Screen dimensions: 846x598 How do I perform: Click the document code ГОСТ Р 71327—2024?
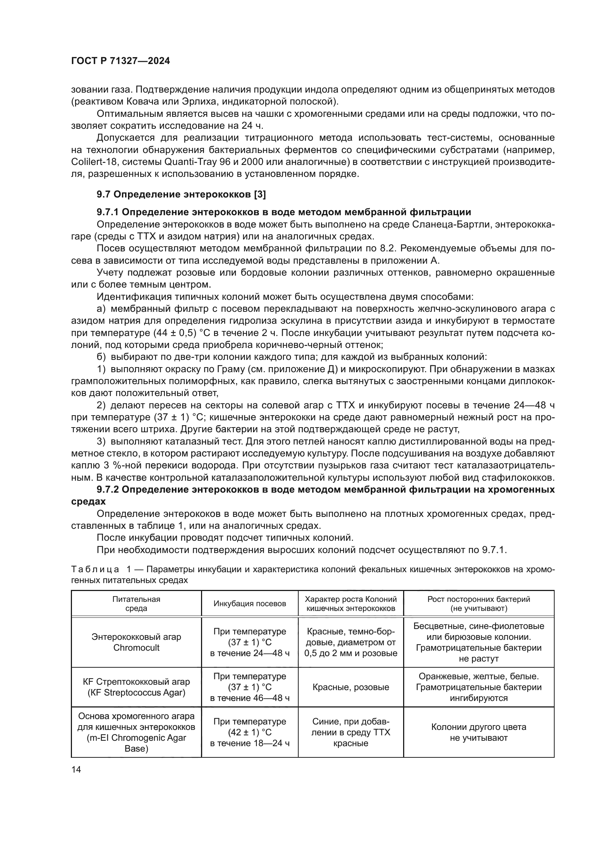tap(120, 61)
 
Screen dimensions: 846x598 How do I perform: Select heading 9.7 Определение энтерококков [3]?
tap(181, 195)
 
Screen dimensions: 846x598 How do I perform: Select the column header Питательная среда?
tap(136, 604)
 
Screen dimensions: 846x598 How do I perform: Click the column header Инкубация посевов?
tap(250, 604)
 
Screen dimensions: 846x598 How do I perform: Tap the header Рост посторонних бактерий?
tap(479, 599)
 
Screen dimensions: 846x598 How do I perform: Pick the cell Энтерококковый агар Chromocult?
tap(136, 642)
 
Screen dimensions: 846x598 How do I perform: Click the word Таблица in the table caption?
tap(95, 569)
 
